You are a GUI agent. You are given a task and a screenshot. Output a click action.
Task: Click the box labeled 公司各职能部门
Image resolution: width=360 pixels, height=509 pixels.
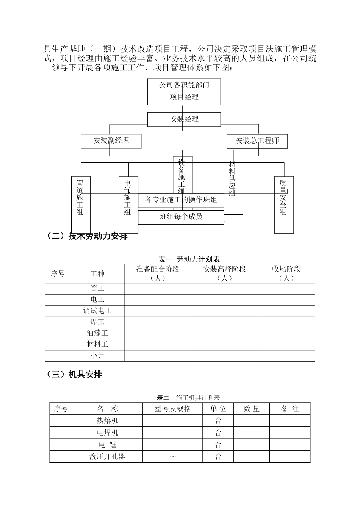click(x=184, y=85)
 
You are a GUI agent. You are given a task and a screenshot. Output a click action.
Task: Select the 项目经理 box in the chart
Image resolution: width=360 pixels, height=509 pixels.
click(x=184, y=97)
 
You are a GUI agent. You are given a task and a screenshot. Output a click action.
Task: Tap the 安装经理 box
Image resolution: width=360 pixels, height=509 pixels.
click(x=184, y=119)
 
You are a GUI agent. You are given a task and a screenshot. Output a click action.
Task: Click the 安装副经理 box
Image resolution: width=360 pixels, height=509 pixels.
click(x=111, y=141)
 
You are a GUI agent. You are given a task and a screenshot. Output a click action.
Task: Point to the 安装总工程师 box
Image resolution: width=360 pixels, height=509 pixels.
click(x=257, y=141)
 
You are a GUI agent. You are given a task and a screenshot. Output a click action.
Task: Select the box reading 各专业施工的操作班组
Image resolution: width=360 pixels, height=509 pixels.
click(x=181, y=200)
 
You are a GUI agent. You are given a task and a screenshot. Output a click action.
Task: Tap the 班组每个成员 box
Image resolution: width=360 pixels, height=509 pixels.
click(x=181, y=217)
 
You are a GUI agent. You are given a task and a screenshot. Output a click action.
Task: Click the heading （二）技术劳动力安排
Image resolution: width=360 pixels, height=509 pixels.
click(x=86, y=236)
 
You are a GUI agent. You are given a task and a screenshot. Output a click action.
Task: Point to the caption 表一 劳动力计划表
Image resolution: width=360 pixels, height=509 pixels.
click(x=189, y=259)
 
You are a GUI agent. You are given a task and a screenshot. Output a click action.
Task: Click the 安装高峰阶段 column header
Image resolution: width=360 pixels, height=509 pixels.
click(x=225, y=273)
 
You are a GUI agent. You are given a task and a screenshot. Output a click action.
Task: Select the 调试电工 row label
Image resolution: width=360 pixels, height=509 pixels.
click(x=97, y=311)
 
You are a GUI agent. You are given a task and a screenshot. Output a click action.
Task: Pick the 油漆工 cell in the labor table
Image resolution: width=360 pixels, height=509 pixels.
click(x=97, y=333)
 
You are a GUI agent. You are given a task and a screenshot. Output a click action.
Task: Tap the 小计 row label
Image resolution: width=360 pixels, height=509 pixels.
click(x=97, y=356)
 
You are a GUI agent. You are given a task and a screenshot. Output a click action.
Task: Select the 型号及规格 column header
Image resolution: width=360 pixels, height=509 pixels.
click(x=173, y=409)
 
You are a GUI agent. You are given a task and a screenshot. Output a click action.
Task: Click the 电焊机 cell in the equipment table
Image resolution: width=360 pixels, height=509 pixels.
click(x=107, y=432)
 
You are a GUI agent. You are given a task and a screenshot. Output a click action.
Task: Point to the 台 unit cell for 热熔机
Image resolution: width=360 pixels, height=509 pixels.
click(x=218, y=421)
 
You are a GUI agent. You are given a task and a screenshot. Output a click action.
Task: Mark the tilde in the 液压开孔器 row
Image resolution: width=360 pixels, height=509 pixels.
click(x=173, y=457)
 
